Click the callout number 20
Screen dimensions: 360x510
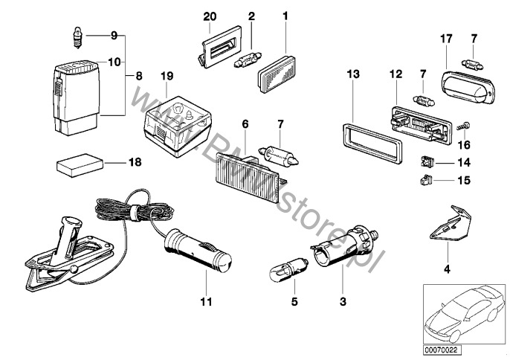(209, 15)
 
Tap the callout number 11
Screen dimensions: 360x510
(206, 302)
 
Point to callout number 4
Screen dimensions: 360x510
(447, 269)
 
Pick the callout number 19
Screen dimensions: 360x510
(167, 76)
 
